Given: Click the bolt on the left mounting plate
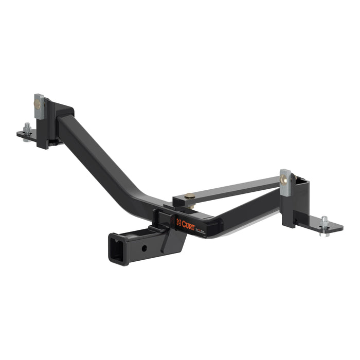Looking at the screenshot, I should coord(27,128).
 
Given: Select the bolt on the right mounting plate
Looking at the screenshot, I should coord(324,223).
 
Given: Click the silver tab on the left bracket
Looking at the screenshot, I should coord(39,105).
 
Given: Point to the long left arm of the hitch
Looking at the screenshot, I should coord(103,159).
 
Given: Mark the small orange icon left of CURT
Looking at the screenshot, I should coord(178,222).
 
